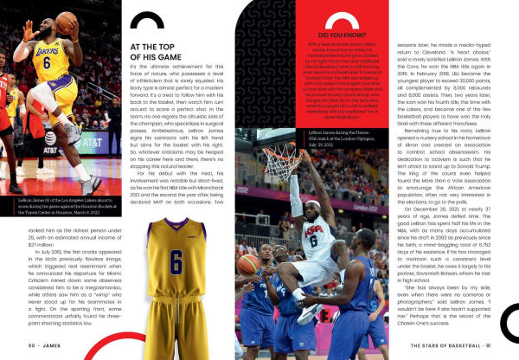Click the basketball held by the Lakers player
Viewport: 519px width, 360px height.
(x=67, y=22)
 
